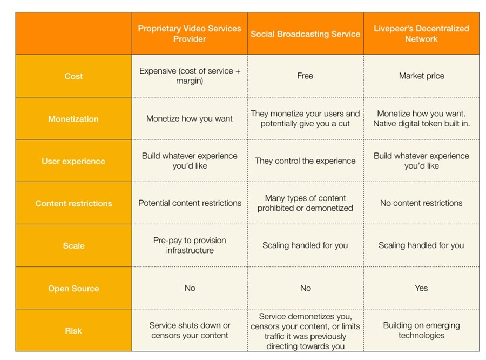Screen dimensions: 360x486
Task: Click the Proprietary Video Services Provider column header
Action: [x=190, y=34]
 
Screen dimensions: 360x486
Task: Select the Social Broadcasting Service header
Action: [x=305, y=34]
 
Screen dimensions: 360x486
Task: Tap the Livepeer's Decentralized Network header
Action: [x=421, y=34]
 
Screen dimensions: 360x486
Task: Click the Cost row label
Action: [x=73, y=76]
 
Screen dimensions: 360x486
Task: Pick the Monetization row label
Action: [x=73, y=119]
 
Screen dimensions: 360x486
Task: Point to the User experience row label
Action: [x=73, y=161]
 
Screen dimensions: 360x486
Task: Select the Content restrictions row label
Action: [x=73, y=203]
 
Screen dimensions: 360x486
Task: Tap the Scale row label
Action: [x=73, y=245]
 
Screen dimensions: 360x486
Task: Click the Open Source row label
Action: [x=73, y=288]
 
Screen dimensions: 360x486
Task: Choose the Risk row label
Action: [x=73, y=330]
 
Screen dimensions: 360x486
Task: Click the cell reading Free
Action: [x=305, y=76]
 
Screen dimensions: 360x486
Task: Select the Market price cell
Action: [x=421, y=76]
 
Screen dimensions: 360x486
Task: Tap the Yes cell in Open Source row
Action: [x=421, y=288]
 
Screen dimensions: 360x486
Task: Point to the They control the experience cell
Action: [x=305, y=161]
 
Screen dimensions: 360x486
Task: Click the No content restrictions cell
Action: [x=421, y=203]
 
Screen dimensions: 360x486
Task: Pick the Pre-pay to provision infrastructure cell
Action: [x=190, y=245]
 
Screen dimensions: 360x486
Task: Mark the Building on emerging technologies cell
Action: [x=421, y=330]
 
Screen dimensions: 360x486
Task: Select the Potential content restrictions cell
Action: [x=190, y=203]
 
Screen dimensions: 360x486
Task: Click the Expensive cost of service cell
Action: [x=190, y=76]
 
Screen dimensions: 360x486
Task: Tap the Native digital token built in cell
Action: [x=421, y=124]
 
